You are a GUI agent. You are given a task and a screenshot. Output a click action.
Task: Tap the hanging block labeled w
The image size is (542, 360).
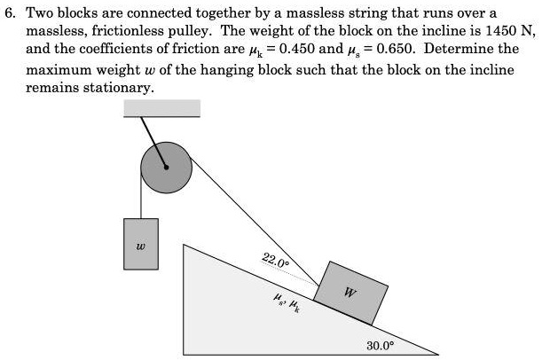tap(141, 243)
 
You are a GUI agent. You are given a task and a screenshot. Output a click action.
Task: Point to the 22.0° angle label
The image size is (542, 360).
tap(275, 260)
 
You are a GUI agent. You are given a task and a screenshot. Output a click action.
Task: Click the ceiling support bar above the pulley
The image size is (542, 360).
tap(162, 107)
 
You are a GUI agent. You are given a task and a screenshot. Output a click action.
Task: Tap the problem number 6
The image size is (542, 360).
tap(11, 13)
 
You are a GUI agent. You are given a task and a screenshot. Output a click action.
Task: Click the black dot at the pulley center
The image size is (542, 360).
tap(165, 165)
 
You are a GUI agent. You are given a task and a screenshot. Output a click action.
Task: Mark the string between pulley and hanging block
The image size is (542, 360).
tap(141, 197)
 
